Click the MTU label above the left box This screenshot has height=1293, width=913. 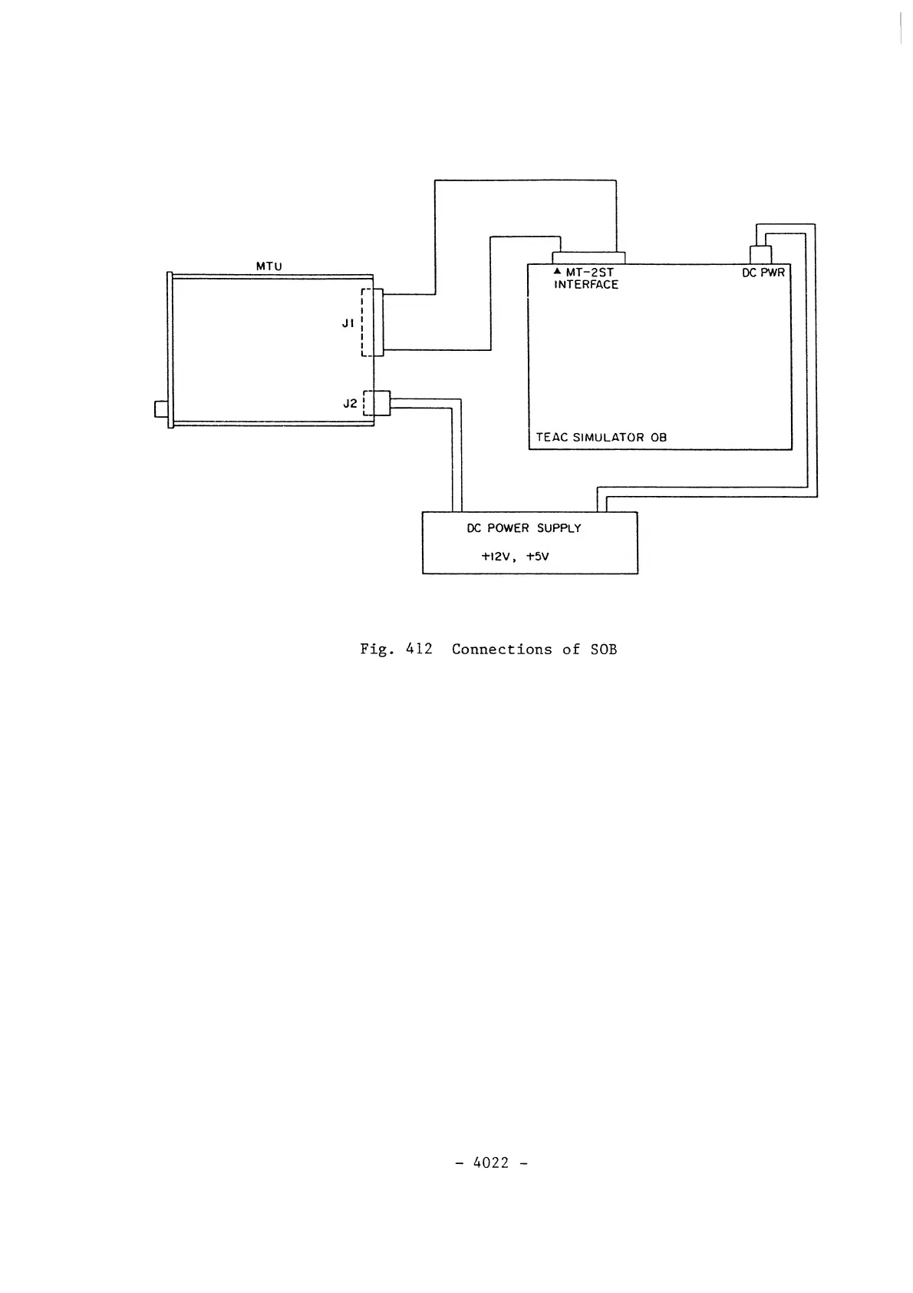pyautogui.click(x=269, y=266)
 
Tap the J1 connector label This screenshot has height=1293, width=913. pyautogui.click(x=348, y=323)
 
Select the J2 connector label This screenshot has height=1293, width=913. pyautogui.click(x=349, y=403)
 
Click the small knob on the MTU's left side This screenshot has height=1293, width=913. pyautogui.click(x=161, y=408)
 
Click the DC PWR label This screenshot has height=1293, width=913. pyautogui.click(x=763, y=272)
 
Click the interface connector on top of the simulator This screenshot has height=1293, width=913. pyautogui.click(x=589, y=258)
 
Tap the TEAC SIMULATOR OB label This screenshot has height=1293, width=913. pyautogui.click(x=601, y=438)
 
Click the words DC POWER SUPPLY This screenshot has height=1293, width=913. pyautogui.click(x=524, y=528)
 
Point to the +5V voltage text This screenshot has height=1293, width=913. pyautogui.click(x=537, y=557)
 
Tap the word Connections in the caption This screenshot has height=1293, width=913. pyautogui.click(x=502, y=650)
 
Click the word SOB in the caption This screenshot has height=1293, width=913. pyautogui.click(x=604, y=650)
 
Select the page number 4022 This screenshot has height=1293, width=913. pyautogui.click(x=492, y=1162)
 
